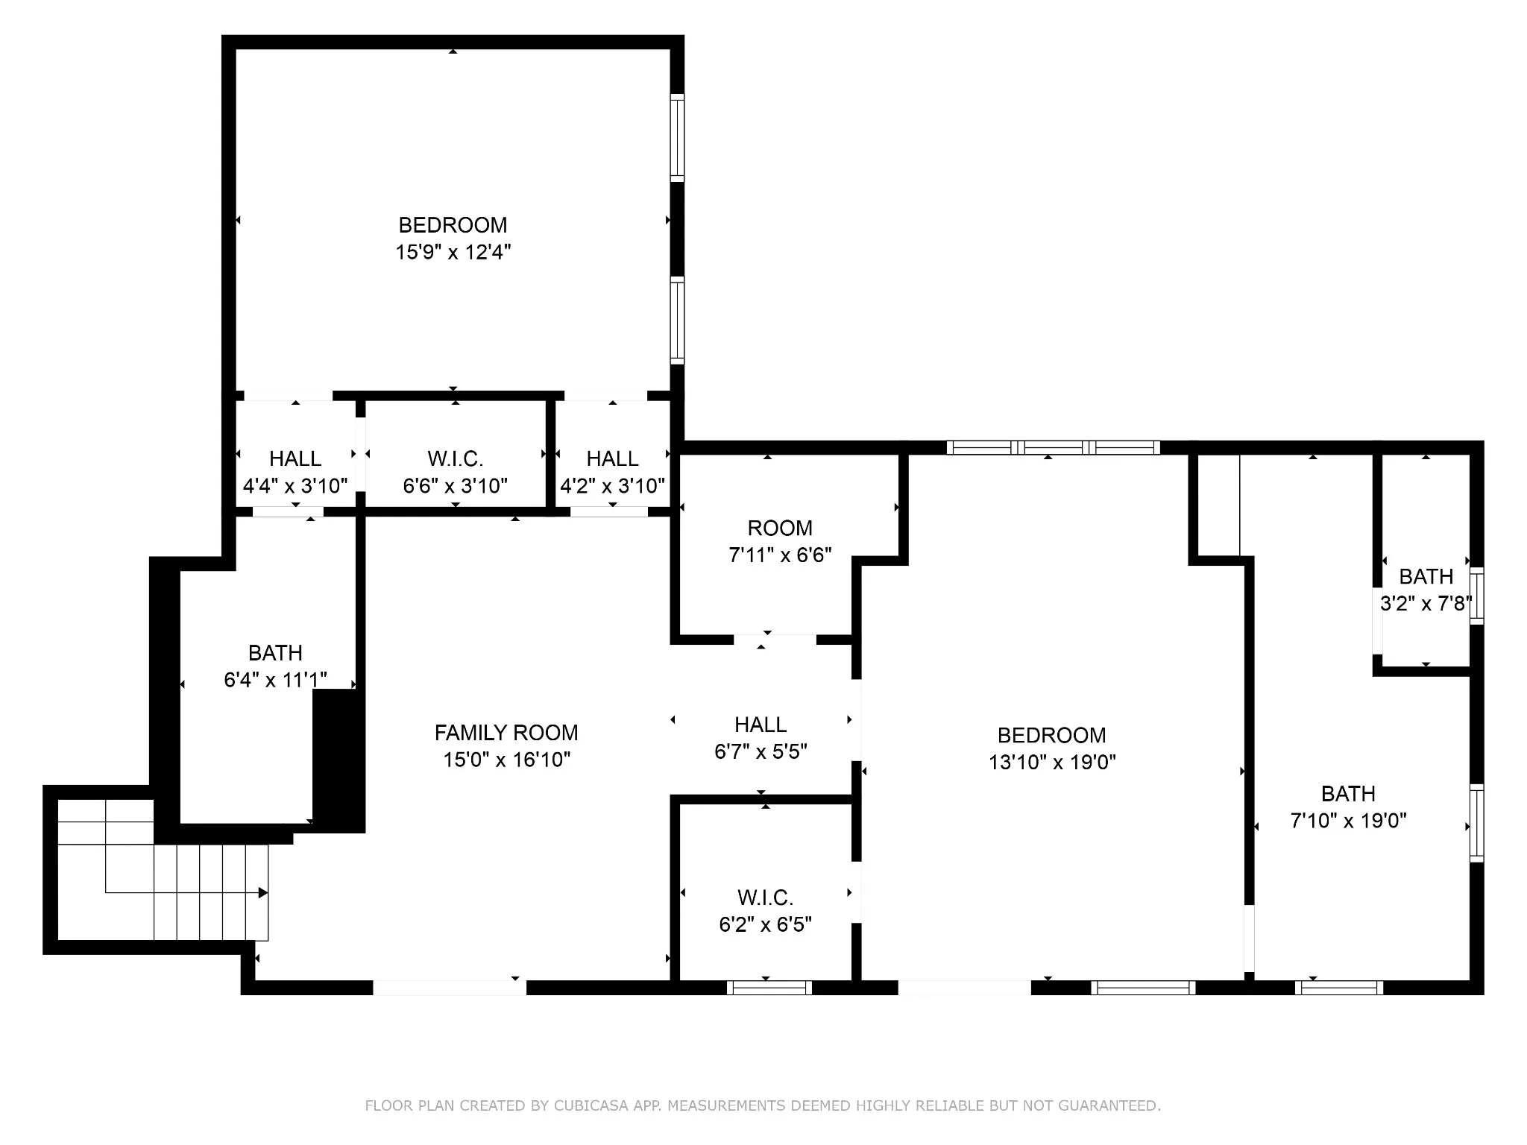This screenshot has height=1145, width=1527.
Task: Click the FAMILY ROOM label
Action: (506, 733)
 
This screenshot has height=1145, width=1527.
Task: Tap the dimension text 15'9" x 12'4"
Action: (453, 252)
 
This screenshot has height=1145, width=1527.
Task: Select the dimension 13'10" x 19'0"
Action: (1052, 762)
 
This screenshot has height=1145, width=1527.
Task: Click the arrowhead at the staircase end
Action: (263, 892)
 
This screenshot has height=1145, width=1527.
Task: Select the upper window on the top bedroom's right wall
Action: (677, 138)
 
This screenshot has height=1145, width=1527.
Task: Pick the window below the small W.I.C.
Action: (769, 988)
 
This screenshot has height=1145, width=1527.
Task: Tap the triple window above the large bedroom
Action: (1054, 447)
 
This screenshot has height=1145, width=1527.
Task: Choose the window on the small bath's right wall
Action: (1476, 596)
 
